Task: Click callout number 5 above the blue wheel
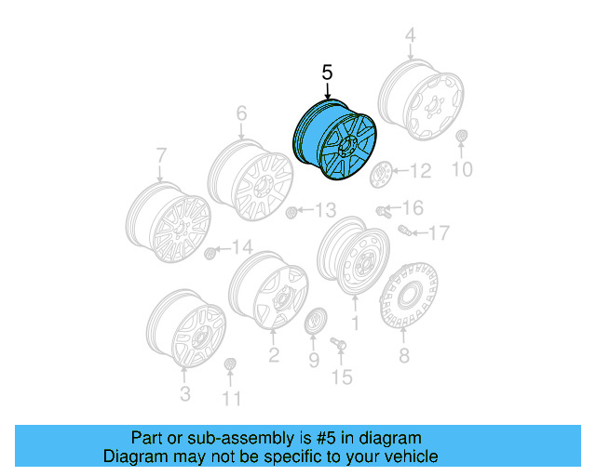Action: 327,72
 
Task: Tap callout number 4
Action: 409,36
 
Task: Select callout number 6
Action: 241,114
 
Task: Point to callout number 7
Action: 160,155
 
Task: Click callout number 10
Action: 462,169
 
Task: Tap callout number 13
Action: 324,210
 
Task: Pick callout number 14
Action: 242,246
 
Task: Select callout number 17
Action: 439,231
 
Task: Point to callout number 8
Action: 403,355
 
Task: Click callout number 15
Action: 343,377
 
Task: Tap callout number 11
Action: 231,399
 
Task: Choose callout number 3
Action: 184,394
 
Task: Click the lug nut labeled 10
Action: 462,140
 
